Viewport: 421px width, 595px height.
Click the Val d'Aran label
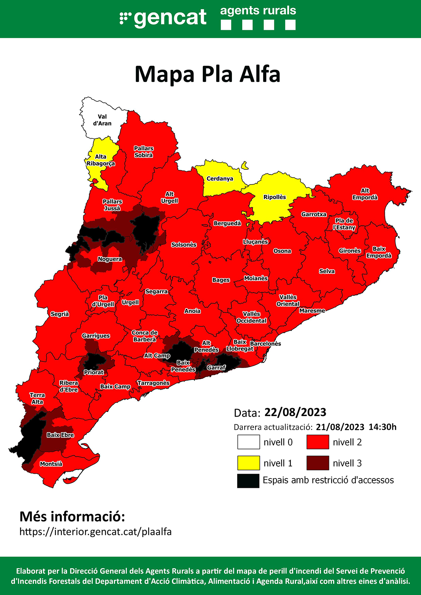[102, 120]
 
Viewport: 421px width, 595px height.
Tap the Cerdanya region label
[220, 179]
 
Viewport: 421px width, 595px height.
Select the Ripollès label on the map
[274, 197]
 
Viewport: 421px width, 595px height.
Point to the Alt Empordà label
[365, 194]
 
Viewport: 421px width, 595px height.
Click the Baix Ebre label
[60, 435]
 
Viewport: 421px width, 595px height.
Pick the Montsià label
[51, 464]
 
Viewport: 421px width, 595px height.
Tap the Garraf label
[216, 368]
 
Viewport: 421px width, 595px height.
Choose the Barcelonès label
[265, 343]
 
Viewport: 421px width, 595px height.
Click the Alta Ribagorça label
[101, 160]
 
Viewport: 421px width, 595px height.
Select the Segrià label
[60, 314]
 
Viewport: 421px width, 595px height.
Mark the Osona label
[282, 251]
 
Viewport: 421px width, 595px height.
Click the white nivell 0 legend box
[248, 442]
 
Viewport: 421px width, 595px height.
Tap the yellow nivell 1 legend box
[248, 463]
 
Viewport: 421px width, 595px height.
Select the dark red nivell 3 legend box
[318, 463]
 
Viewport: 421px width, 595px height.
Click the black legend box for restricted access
[248, 480]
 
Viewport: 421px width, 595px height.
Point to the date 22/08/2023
[295, 412]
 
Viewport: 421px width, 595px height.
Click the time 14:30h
[382, 427]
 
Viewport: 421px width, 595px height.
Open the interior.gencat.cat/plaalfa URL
[95, 532]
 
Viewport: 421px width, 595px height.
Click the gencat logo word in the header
[170, 17]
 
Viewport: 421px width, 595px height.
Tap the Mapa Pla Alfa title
[207, 74]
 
